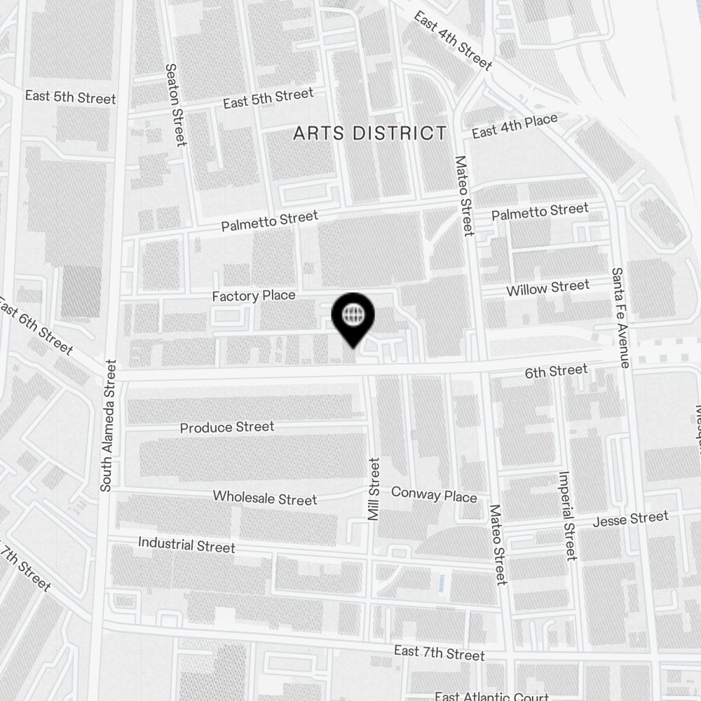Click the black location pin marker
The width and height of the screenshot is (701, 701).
[x=354, y=317]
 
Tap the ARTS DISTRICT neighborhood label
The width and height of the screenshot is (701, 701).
[x=369, y=133]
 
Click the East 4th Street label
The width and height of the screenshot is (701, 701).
[x=453, y=41]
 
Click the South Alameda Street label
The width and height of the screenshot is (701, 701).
[x=107, y=426]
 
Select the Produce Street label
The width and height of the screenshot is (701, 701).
[x=227, y=427]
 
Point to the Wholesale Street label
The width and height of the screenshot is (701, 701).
[x=265, y=498]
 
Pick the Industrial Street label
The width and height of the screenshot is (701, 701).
[x=186, y=545]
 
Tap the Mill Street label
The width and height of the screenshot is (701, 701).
[x=374, y=489]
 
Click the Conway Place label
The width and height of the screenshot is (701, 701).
[x=434, y=495]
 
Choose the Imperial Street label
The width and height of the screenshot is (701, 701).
[x=566, y=515]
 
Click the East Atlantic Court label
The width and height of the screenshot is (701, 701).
[x=491, y=696]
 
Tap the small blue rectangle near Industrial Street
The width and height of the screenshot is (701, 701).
[x=440, y=582]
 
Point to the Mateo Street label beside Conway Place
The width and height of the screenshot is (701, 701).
[x=497, y=544]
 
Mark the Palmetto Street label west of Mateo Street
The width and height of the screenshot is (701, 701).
[x=269, y=221]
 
